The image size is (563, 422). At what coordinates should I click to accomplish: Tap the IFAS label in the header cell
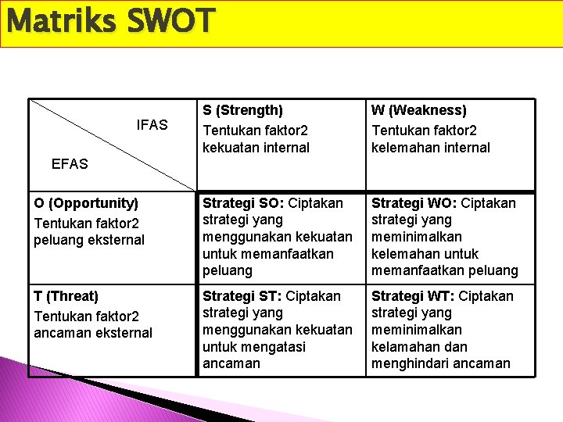[152, 125]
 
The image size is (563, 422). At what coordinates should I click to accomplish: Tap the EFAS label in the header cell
[70, 164]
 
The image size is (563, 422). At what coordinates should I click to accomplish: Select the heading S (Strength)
[242, 111]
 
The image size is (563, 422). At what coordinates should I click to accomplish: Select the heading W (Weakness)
[418, 111]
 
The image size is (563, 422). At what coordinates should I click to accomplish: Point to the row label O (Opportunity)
[86, 203]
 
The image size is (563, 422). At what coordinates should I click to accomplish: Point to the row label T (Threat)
[66, 296]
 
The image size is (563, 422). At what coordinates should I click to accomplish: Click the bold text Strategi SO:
[243, 203]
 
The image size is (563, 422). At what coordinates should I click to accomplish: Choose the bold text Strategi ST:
[242, 296]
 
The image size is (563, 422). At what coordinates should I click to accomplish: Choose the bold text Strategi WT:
[413, 296]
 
